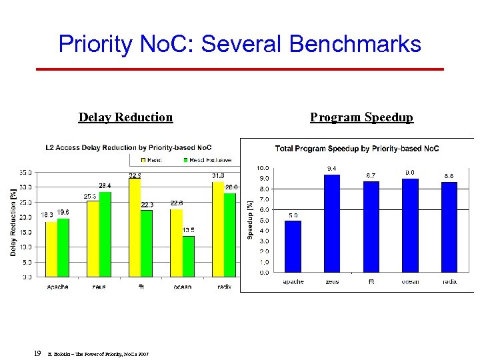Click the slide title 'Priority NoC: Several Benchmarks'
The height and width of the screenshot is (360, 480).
(240, 44)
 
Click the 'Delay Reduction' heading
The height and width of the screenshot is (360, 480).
(125, 117)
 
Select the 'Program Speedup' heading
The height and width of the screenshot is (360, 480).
(361, 117)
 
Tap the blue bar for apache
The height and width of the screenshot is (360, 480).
(293, 247)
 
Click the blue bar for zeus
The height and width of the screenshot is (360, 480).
(332, 223)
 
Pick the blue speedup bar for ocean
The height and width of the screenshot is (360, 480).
(410, 225)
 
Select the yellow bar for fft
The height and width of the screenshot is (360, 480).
(134, 227)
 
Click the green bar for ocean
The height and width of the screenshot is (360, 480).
(188, 256)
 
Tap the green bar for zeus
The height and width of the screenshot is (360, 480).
(105, 234)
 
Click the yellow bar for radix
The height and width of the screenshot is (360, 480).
(217, 229)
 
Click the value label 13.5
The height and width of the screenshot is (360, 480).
(189, 230)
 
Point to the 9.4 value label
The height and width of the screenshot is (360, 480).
(332, 167)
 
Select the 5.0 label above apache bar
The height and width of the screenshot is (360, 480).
(293, 215)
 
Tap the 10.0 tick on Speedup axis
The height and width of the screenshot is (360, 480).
(263, 168)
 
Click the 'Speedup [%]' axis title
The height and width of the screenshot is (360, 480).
(250, 221)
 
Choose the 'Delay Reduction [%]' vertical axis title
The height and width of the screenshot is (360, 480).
(13, 222)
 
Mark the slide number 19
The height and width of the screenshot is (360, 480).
(37, 353)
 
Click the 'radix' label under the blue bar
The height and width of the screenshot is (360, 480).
(449, 282)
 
